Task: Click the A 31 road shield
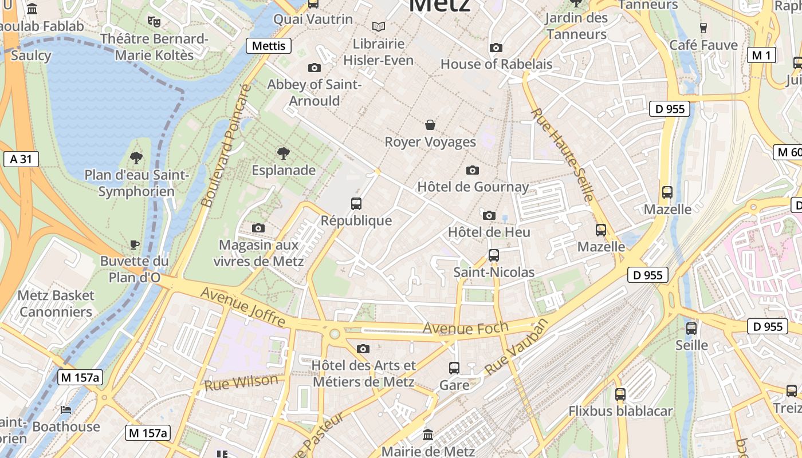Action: tap(21, 159)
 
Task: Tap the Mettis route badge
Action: tap(269, 46)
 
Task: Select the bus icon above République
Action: tap(356, 203)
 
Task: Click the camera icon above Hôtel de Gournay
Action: tap(473, 170)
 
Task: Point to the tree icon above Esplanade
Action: tap(283, 153)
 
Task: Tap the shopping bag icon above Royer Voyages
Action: tap(430, 125)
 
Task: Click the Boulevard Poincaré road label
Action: tap(227, 145)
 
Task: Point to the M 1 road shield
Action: tap(761, 55)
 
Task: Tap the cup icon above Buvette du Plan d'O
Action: tap(134, 244)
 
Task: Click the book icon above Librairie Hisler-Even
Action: tap(378, 26)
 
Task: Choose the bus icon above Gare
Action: tap(454, 368)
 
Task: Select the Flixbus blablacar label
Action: tap(620, 411)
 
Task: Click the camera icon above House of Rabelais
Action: tap(496, 48)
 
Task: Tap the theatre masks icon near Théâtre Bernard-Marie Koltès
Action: tap(154, 22)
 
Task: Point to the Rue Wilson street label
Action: tap(241, 382)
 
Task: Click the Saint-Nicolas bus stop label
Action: tap(494, 273)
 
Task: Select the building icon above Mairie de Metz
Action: tap(428, 435)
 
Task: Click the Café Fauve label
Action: tap(703, 45)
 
